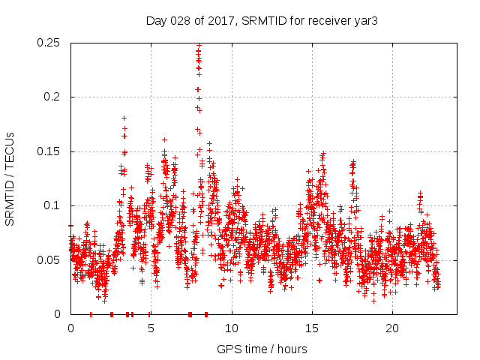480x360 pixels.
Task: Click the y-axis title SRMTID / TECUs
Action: click(x=10, y=178)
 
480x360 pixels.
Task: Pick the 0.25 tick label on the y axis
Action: click(x=49, y=43)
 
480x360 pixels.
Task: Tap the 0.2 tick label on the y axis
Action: click(x=52, y=97)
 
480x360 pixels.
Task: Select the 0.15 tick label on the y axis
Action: click(x=49, y=151)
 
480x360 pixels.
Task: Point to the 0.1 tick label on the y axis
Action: click(x=52, y=205)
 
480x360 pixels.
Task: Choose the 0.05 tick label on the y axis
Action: click(x=49, y=260)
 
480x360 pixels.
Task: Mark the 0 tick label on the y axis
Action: click(x=58, y=314)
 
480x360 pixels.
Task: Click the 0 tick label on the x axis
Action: click(x=70, y=328)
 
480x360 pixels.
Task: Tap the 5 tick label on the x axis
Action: click(x=151, y=328)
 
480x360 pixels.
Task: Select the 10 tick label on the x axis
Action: click(x=232, y=328)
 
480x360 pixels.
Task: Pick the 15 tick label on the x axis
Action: click(x=312, y=328)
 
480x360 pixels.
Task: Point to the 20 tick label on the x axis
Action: click(x=392, y=328)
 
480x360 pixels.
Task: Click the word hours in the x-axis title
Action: click(x=290, y=349)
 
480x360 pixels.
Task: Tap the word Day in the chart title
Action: click(x=156, y=21)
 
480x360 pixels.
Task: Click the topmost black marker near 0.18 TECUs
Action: click(x=124, y=118)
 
